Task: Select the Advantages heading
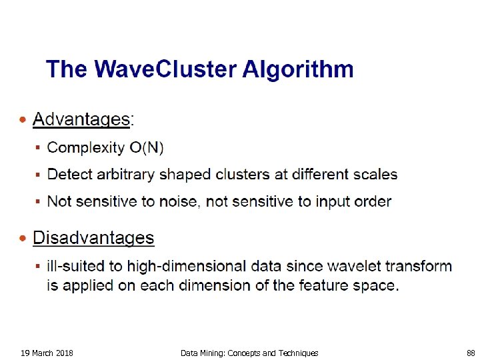tap(81, 120)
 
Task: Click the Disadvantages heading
tap(93, 238)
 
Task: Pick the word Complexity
tap(86, 147)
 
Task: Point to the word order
tap(372, 201)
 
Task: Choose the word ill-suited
tap(76, 267)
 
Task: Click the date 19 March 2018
tap(47, 353)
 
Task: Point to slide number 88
tap(471, 353)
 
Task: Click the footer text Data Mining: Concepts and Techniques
tap(249, 353)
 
